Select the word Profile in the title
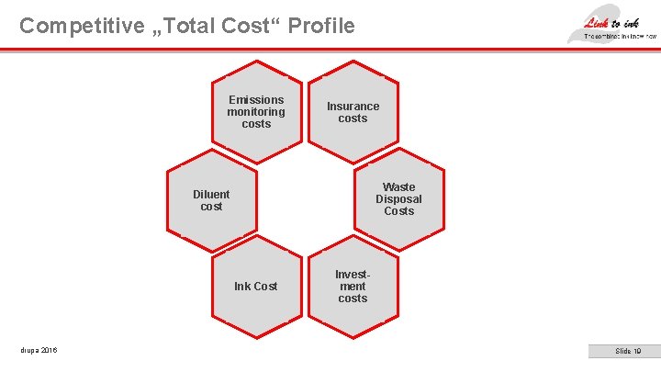(x=320, y=26)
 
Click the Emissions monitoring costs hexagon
(x=256, y=105)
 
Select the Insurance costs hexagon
(x=353, y=105)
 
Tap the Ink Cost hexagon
(x=256, y=287)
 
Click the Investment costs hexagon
(x=353, y=287)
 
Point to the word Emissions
(x=256, y=100)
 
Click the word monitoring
(x=256, y=112)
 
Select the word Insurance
(x=353, y=107)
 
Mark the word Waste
(x=399, y=187)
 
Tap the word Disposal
(x=399, y=199)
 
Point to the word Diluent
(x=212, y=195)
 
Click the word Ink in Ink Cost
(x=242, y=287)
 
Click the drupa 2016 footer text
(x=39, y=351)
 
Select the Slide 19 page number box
(x=628, y=351)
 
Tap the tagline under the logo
(x=621, y=36)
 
